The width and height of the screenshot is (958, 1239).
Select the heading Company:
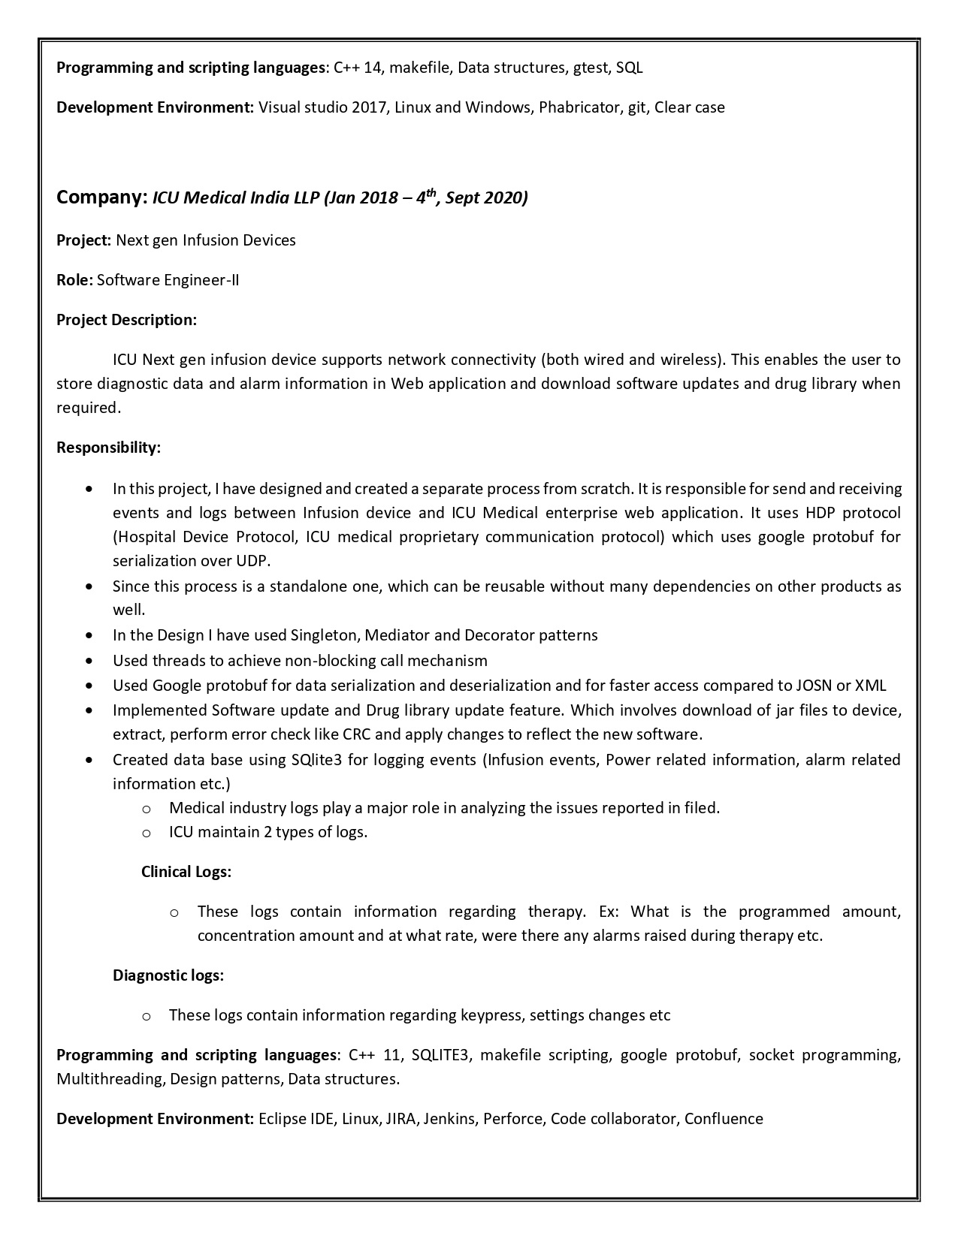(101, 197)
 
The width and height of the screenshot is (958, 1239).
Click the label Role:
(74, 280)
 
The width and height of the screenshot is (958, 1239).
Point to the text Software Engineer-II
(168, 280)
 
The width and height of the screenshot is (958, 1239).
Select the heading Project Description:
(126, 320)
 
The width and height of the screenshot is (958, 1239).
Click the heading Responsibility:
(108, 448)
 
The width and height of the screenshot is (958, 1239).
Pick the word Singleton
(325, 635)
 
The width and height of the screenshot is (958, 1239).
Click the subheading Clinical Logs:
(186, 872)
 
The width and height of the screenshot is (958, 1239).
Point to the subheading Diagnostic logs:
(168, 975)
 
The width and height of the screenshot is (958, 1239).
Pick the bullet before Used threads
(90, 661)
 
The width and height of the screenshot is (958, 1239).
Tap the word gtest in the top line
(590, 68)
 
